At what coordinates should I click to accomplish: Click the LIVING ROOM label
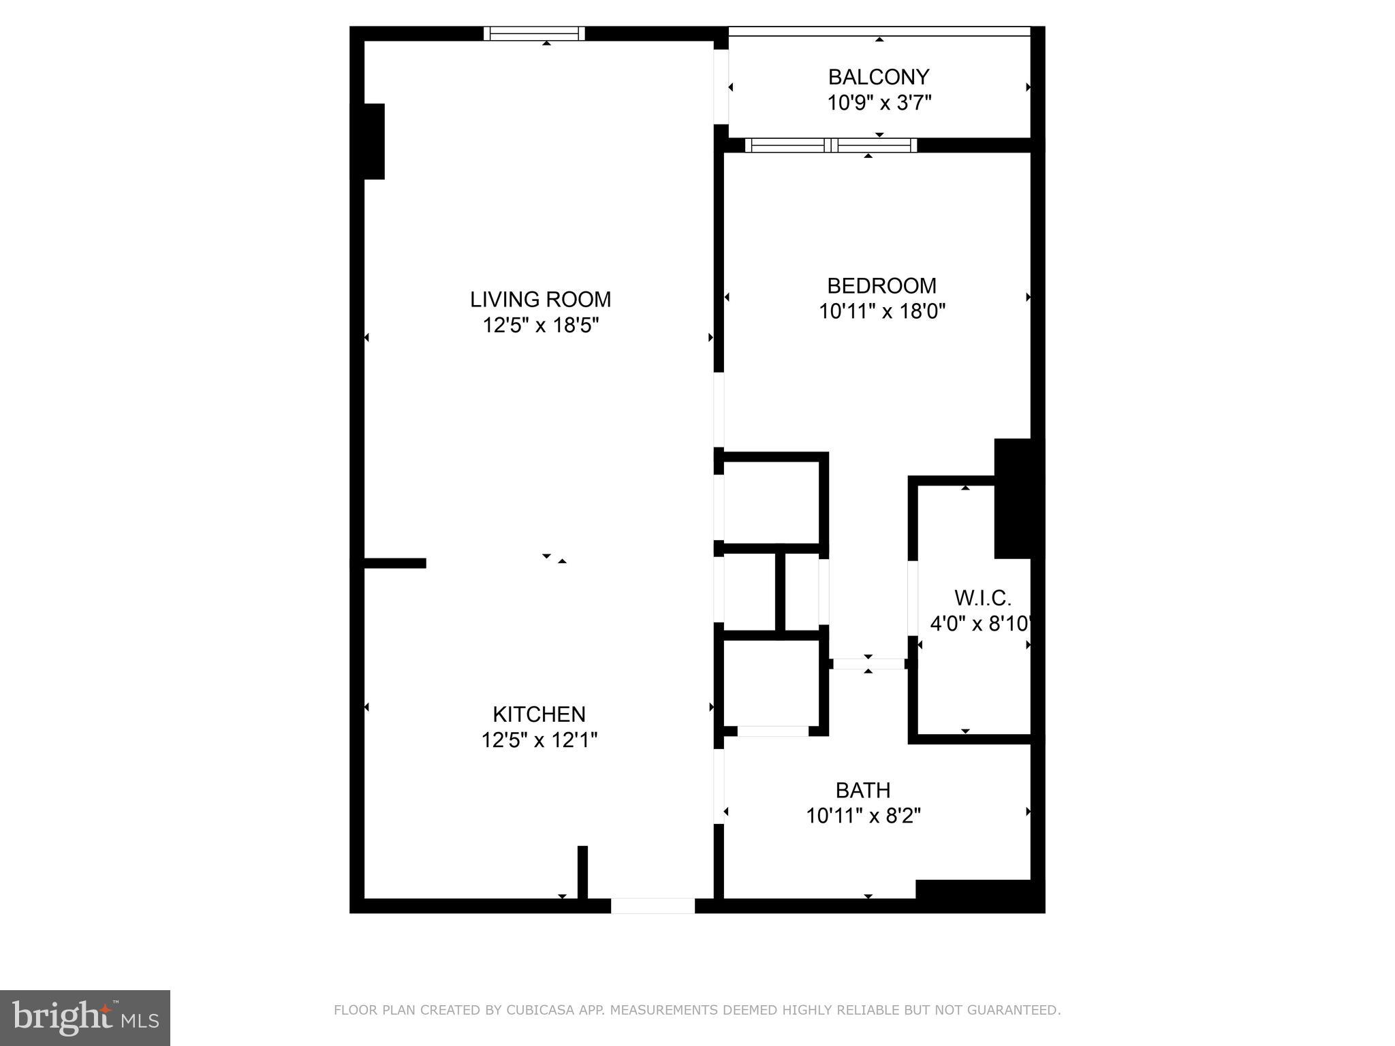540,300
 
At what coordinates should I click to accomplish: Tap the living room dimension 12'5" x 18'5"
540,326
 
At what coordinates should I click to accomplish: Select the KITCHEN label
539,714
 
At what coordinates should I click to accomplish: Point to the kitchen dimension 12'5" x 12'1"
539,740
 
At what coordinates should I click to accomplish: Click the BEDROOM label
881,285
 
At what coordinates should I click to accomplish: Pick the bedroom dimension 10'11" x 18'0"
881,311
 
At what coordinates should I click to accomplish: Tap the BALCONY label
879,77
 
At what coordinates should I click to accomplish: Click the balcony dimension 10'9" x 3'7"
879,103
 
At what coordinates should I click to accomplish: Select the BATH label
863,791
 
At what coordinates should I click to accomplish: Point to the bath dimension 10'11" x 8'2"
863,816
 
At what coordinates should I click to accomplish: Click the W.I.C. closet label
982,598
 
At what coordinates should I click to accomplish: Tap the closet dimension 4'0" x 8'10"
981,624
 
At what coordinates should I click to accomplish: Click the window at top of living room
534,33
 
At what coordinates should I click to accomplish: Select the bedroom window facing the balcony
830,145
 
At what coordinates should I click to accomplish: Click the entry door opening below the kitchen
653,906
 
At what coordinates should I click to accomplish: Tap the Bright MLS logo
85,1017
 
